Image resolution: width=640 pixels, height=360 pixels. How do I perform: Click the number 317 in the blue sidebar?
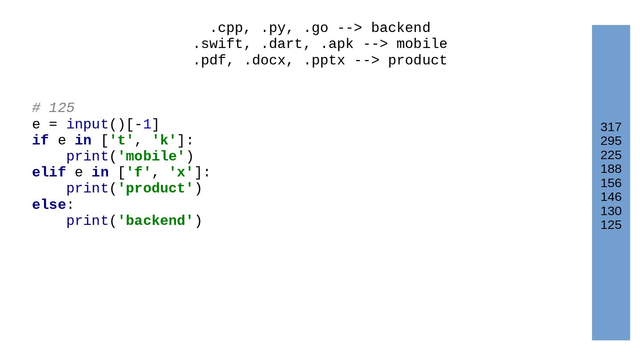611,127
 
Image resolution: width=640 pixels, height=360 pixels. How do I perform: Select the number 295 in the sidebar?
611,141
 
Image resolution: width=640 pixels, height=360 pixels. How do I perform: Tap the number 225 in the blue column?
611,155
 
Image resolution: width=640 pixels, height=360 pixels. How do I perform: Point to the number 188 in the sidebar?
611,169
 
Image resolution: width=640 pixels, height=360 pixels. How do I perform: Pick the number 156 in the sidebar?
611,183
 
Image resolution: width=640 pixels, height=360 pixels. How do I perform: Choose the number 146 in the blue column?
611,197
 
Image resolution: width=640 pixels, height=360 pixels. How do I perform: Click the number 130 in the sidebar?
611,211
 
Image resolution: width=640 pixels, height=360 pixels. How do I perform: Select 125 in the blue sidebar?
611,225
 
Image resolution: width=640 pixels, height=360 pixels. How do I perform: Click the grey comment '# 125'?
53,108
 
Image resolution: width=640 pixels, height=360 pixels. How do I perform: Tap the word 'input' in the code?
87,124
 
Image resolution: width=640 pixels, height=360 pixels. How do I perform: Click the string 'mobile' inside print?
151,156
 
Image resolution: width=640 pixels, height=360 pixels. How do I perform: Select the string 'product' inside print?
155,188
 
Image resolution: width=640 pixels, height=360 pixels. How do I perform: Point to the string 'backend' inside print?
155,221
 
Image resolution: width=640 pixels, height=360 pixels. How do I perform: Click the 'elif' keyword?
49,172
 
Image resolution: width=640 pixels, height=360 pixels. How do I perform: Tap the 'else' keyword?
49,205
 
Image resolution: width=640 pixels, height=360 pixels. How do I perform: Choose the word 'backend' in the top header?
400,28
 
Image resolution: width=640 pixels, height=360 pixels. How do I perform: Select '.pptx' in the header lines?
324,60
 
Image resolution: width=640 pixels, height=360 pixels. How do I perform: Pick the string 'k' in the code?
164,140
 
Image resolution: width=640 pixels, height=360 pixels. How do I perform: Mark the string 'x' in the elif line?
181,172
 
